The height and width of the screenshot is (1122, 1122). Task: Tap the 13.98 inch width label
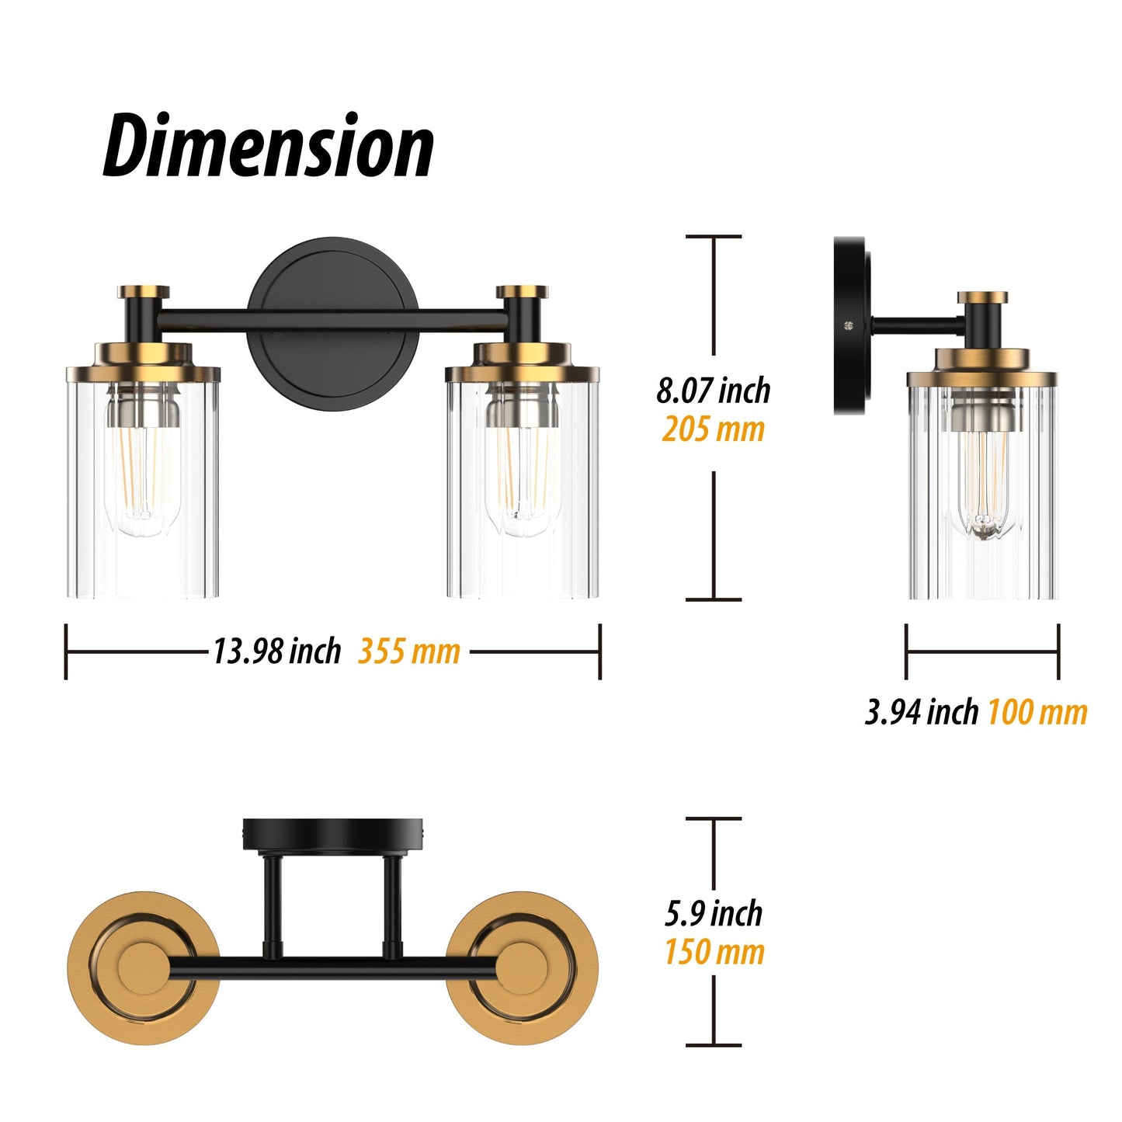[x=276, y=651]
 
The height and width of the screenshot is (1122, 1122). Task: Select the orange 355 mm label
[x=409, y=651]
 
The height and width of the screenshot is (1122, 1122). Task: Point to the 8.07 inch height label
[x=713, y=390]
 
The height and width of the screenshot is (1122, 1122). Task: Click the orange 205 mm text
[x=713, y=429]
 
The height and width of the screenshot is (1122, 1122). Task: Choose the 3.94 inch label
[x=921, y=711]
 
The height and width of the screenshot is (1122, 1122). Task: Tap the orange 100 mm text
[x=1037, y=711]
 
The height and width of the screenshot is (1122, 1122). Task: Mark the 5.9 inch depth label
[x=713, y=913]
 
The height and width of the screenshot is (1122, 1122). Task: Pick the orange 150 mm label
[x=714, y=952]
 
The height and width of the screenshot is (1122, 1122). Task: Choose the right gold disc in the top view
[x=522, y=967]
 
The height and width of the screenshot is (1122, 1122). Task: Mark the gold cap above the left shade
[x=144, y=292]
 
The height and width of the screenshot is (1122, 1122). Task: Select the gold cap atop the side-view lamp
[x=982, y=297]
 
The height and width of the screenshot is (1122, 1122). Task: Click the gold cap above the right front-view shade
[x=522, y=292]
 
